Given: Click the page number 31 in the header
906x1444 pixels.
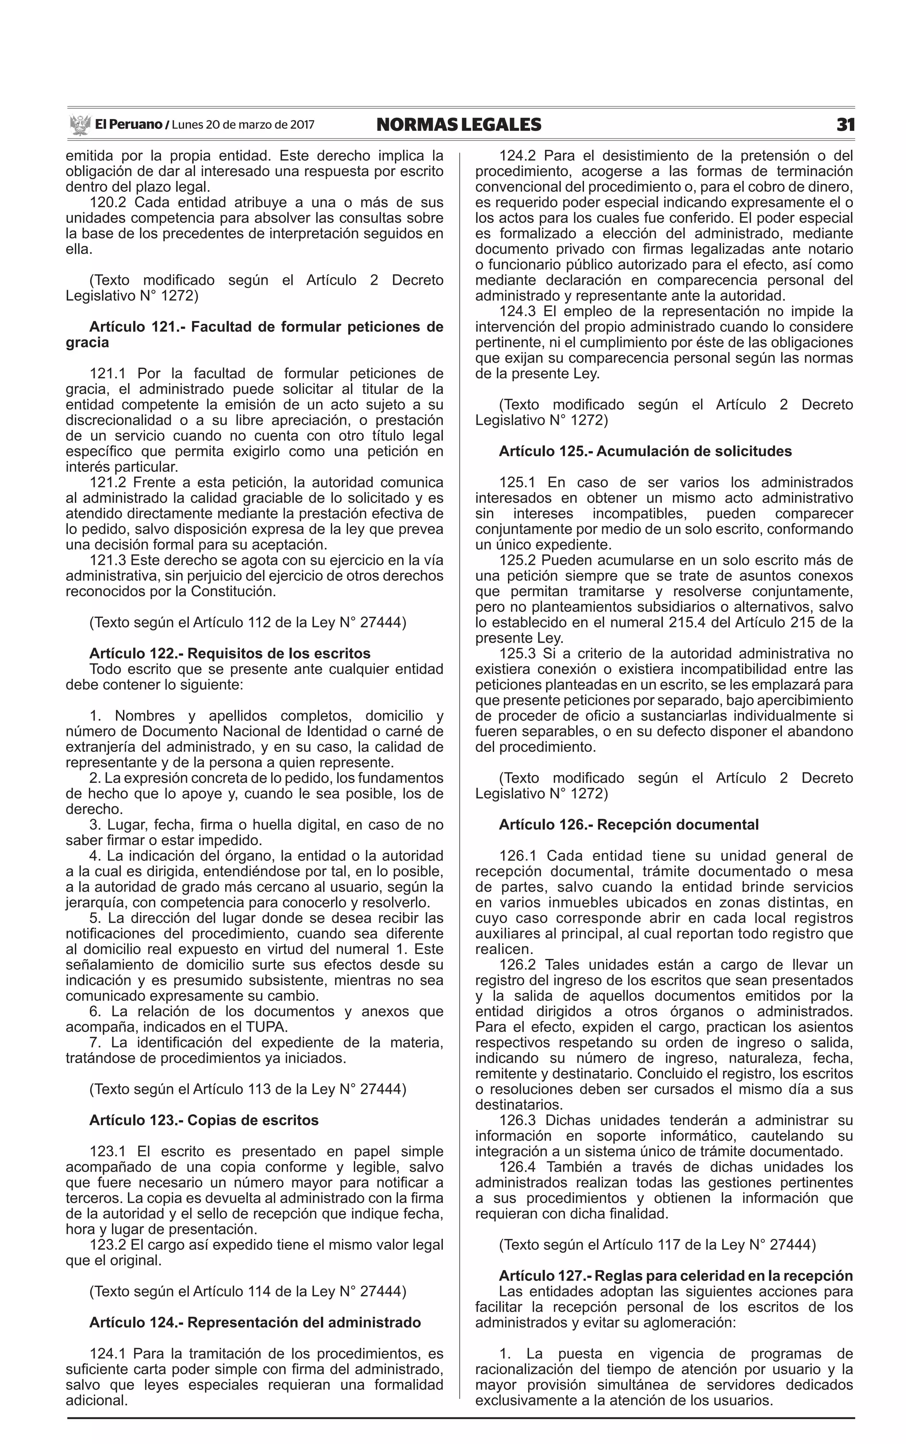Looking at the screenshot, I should pyautogui.click(x=845, y=125).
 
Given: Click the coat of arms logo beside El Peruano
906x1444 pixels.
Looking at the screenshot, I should pyautogui.click(x=80, y=125).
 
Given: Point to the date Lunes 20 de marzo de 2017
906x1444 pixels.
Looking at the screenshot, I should pyautogui.click(x=243, y=125).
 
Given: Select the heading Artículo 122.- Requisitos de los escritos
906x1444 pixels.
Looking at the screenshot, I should pyautogui.click(x=230, y=653).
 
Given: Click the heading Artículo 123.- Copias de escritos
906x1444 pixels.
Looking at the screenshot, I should pyautogui.click(x=204, y=1120).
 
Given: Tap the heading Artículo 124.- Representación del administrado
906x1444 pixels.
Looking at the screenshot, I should pyautogui.click(x=255, y=1322).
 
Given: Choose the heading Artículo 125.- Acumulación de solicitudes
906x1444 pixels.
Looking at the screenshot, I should pyautogui.click(x=645, y=451).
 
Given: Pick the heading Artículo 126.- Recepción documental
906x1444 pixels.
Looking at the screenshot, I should pyautogui.click(x=629, y=825).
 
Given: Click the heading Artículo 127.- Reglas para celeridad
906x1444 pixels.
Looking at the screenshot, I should pyautogui.click(x=676, y=1275).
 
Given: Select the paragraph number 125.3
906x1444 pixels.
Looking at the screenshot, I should pyautogui.click(x=517, y=653).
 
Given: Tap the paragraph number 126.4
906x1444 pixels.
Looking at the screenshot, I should pyautogui.click(x=517, y=1167).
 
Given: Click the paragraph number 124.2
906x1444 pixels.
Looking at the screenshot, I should pyautogui.click(x=517, y=156).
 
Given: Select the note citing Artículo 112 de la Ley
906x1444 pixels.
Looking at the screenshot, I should pyautogui.click(x=247, y=623).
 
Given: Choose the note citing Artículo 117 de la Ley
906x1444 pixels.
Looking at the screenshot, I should pyautogui.click(x=657, y=1245).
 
